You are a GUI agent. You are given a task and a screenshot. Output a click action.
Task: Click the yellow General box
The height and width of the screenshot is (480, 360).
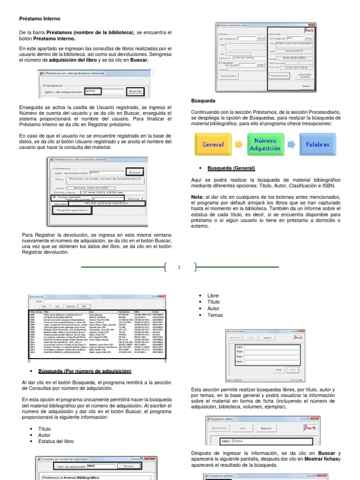(212, 144)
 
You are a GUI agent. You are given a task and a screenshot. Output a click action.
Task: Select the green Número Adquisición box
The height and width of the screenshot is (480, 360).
(265, 144)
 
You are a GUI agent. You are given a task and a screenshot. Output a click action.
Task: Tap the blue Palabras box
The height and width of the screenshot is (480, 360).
(317, 144)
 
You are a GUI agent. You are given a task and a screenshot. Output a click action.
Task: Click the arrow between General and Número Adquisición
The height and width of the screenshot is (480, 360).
(238, 144)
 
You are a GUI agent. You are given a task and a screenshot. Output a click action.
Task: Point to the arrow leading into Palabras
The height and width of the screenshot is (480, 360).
(291, 144)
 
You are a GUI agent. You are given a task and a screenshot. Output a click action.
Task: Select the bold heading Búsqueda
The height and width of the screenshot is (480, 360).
(203, 101)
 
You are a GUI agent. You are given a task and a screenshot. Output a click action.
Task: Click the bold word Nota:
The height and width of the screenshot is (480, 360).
(197, 197)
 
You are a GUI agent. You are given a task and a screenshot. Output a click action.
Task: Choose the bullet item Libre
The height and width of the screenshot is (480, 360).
(213, 296)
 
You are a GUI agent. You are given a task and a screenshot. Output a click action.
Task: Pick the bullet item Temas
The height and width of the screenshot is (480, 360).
(215, 315)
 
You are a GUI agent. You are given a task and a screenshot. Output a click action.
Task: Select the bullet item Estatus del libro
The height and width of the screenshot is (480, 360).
(56, 442)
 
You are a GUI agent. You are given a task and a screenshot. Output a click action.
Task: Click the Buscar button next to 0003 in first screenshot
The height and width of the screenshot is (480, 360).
(135, 91)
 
